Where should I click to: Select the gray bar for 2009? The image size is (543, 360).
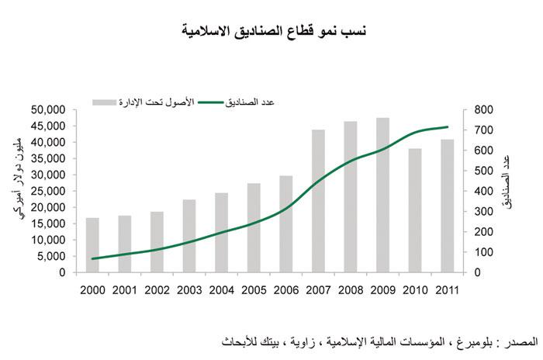382,195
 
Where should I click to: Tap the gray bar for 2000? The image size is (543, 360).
92,245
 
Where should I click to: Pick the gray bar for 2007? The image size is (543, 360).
318,201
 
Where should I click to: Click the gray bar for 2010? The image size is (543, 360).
415,210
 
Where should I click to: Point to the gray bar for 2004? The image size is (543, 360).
221,232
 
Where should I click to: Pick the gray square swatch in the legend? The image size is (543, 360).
99,102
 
